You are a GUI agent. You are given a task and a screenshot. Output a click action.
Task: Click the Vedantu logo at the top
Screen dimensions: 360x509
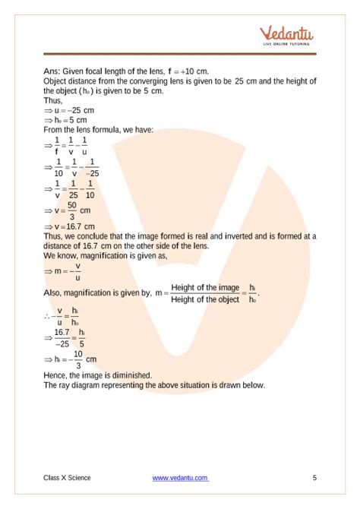click(x=288, y=34)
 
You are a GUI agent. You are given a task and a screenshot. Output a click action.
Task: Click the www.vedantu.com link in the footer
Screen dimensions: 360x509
click(x=180, y=477)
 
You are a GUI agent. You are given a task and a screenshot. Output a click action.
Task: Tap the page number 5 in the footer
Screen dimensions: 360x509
click(x=314, y=477)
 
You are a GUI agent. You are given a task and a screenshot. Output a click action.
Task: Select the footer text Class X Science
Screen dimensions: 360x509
click(x=67, y=477)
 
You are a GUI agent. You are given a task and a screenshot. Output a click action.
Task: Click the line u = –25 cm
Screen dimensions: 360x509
click(x=74, y=110)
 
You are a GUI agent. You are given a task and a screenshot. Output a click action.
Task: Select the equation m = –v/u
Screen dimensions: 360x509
click(x=67, y=270)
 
